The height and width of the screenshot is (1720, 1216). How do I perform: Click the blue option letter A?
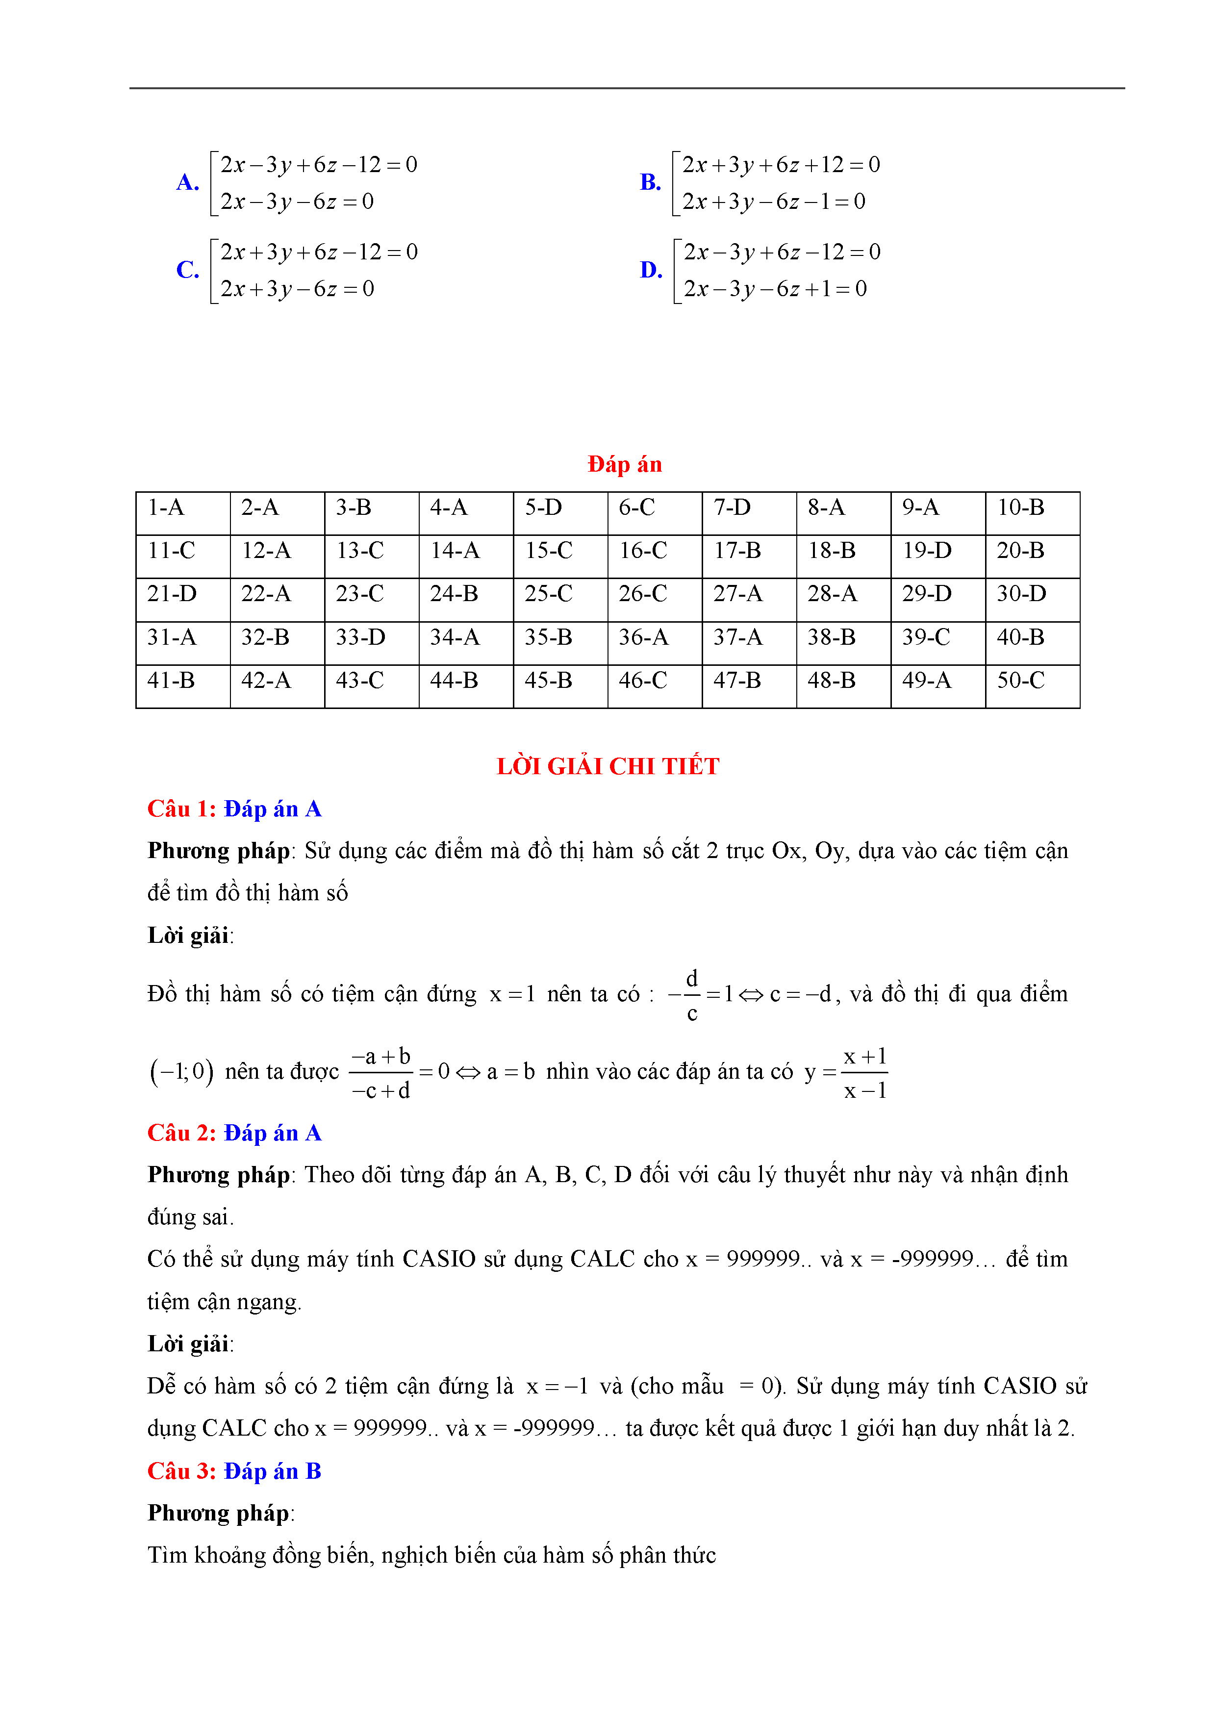click(x=187, y=182)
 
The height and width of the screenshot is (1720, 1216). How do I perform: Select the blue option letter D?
click(x=650, y=270)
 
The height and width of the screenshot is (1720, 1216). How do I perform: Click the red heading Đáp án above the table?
click(x=624, y=464)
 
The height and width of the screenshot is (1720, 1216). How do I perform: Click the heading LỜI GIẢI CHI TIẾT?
click(x=608, y=766)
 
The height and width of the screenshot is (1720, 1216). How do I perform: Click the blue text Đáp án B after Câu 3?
click(x=273, y=1471)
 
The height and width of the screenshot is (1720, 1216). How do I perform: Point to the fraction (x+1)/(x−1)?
click(x=865, y=1073)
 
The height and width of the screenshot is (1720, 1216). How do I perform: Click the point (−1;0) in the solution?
click(x=182, y=1072)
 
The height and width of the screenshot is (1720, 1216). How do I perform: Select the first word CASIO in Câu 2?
click(x=439, y=1259)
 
